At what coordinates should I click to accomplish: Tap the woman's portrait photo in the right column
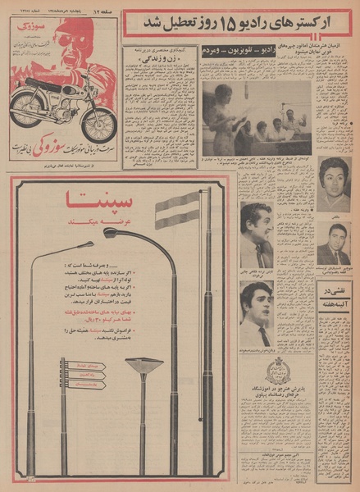coord(333,185)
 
